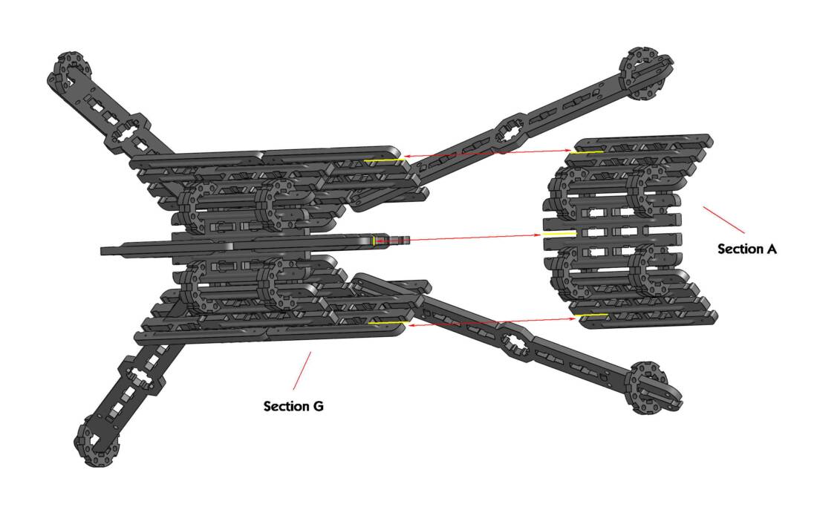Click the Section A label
(x=747, y=249)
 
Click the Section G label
(x=293, y=406)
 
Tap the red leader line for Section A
(x=723, y=220)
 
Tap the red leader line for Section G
(x=302, y=371)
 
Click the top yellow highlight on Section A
(x=587, y=152)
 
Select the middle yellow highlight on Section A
(x=559, y=234)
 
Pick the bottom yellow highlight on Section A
(x=590, y=315)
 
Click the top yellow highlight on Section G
(x=383, y=160)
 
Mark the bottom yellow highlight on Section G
(x=388, y=324)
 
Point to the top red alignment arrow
(x=488, y=153)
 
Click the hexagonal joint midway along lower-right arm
(x=514, y=342)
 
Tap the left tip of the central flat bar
(x=102, y=251)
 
